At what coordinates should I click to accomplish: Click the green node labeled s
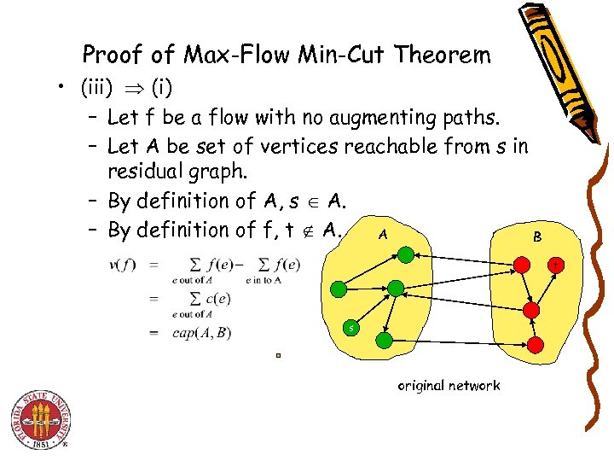click(350, 328)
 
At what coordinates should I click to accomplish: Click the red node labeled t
click(555, 266)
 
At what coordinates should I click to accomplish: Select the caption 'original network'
click(449, 385)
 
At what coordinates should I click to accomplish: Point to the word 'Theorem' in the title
click(448, 55)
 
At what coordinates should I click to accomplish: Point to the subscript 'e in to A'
click(264, 279)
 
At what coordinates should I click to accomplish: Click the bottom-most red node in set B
click(536, 344)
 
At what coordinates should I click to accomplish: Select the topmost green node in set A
click(407, 254)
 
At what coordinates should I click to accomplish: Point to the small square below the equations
click(278, 355)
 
